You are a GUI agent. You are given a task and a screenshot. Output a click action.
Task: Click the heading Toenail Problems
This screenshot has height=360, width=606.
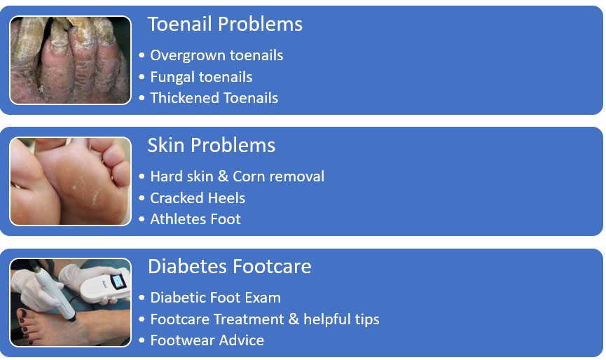point(225,24)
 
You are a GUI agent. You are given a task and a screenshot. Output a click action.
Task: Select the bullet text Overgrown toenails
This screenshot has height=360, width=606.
point(216,55)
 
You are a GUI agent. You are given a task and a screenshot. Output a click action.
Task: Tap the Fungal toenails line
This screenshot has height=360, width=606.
point(201,77)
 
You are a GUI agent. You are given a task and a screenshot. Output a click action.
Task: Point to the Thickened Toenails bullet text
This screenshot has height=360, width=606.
point(214,98)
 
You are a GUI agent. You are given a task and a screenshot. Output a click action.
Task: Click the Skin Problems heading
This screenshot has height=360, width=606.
point(212,145)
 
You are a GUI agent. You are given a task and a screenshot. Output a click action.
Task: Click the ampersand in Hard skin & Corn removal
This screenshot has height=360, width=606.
point(223,176)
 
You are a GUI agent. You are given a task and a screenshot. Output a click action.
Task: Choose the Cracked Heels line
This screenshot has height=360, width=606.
point(198,198)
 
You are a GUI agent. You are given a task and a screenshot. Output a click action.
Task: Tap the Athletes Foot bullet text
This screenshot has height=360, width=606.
point(195,219)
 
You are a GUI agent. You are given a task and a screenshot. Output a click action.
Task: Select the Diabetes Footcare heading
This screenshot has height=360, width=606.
point(230,266)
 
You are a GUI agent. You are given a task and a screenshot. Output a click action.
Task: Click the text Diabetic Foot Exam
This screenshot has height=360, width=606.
point(215,298)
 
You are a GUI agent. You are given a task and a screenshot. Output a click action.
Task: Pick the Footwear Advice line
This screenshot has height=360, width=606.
point(207,340)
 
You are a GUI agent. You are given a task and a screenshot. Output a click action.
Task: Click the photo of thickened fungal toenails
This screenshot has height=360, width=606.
point(70,60)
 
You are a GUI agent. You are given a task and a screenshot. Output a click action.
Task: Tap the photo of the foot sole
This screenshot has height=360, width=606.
point(70,181)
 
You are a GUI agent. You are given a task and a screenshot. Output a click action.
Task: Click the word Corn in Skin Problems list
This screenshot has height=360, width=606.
point(249,176)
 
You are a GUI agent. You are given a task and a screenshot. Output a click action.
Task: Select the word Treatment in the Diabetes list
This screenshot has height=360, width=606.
point(249,319)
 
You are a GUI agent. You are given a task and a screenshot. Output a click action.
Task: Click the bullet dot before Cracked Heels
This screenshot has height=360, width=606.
point(142,198)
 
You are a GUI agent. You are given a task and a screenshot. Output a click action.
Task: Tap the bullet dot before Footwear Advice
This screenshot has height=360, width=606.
point(142,340)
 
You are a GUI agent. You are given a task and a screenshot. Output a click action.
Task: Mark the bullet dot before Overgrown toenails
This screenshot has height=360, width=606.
point(142,55)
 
